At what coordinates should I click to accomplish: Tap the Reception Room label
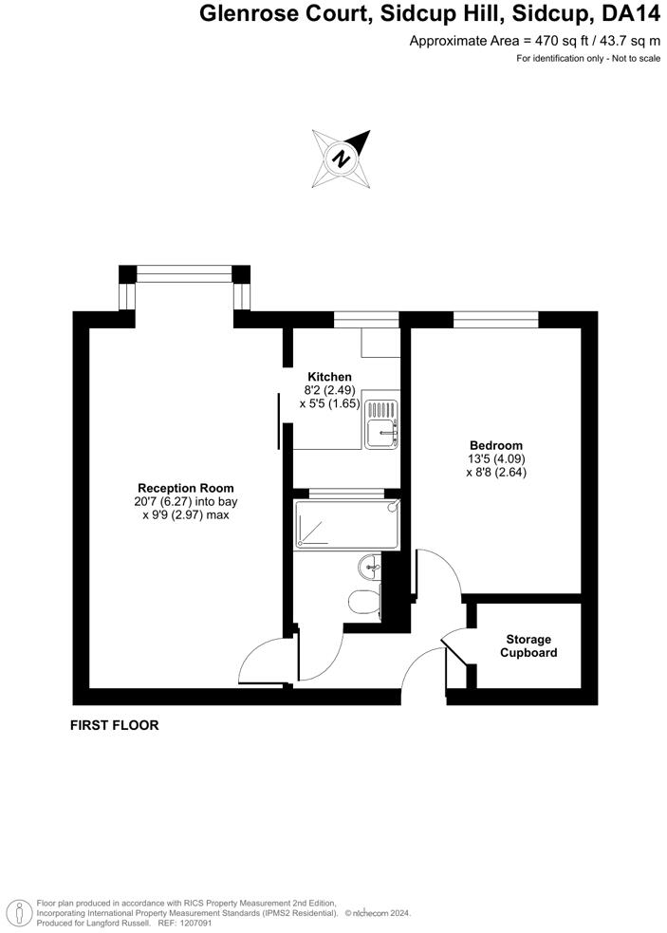185,488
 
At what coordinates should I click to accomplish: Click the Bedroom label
496,445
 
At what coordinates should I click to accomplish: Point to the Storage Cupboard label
528,646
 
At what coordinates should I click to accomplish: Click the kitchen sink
382,423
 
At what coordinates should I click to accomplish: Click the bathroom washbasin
370,569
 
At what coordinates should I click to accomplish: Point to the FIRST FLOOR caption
114,725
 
